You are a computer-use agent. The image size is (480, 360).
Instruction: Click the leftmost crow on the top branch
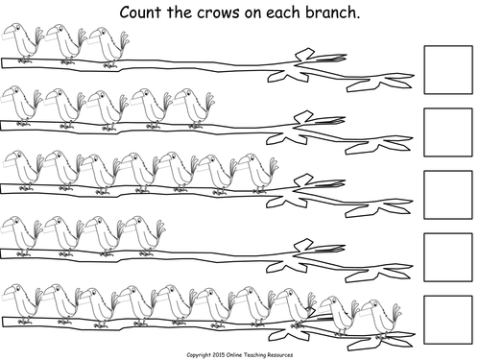[22, 44]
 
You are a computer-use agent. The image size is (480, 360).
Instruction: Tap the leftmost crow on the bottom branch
[22, 300]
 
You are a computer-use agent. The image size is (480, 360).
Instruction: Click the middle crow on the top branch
[63, 44]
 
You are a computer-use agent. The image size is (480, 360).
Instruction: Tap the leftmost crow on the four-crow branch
[22, 234]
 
